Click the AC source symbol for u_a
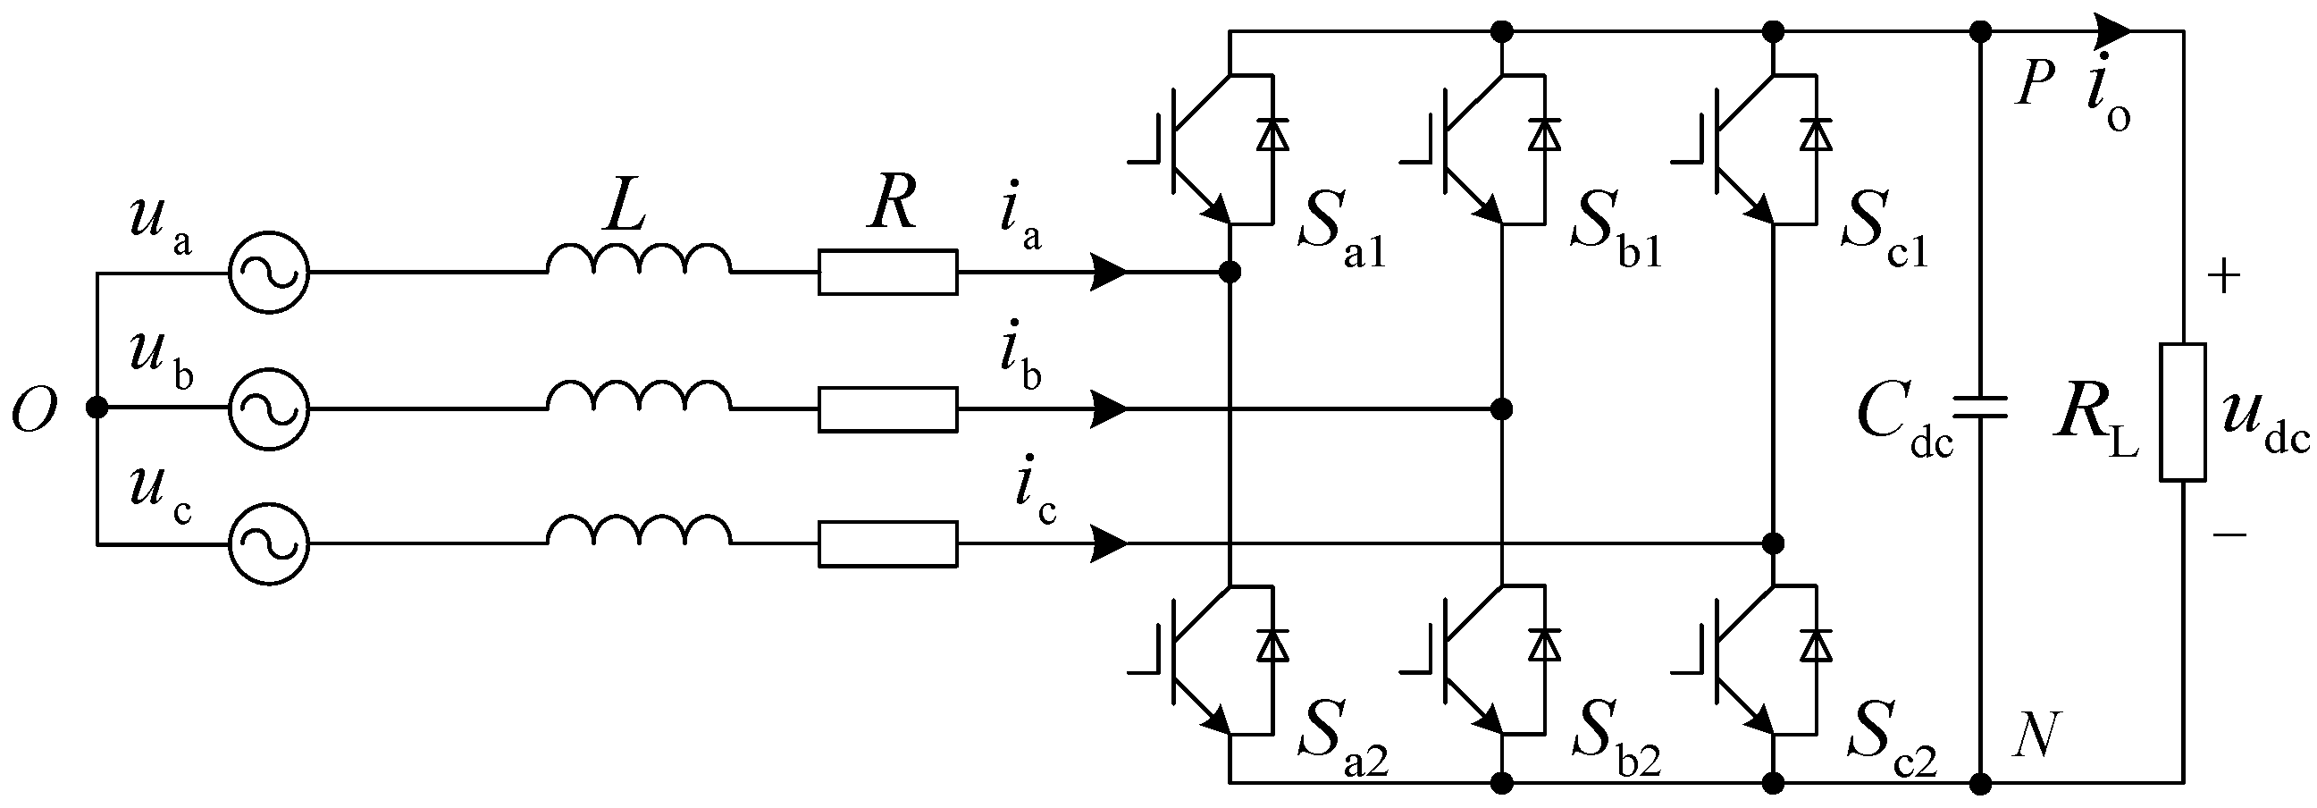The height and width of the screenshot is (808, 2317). click(268, 272)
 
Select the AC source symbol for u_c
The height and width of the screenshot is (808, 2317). click(268, 544)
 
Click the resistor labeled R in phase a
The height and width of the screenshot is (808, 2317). click(888, 272)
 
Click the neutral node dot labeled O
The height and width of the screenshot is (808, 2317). click(97, 408)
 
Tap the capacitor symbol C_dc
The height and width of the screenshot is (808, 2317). click(1980, 409)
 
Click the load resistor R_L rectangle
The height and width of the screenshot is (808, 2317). click(2183, 412)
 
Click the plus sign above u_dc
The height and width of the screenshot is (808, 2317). click(2224, 277)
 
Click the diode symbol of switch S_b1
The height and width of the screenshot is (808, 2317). click(1544, 134)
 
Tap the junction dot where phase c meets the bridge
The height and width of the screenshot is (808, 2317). click(1773, 543)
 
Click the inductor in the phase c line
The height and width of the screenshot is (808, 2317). click(639, 532)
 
